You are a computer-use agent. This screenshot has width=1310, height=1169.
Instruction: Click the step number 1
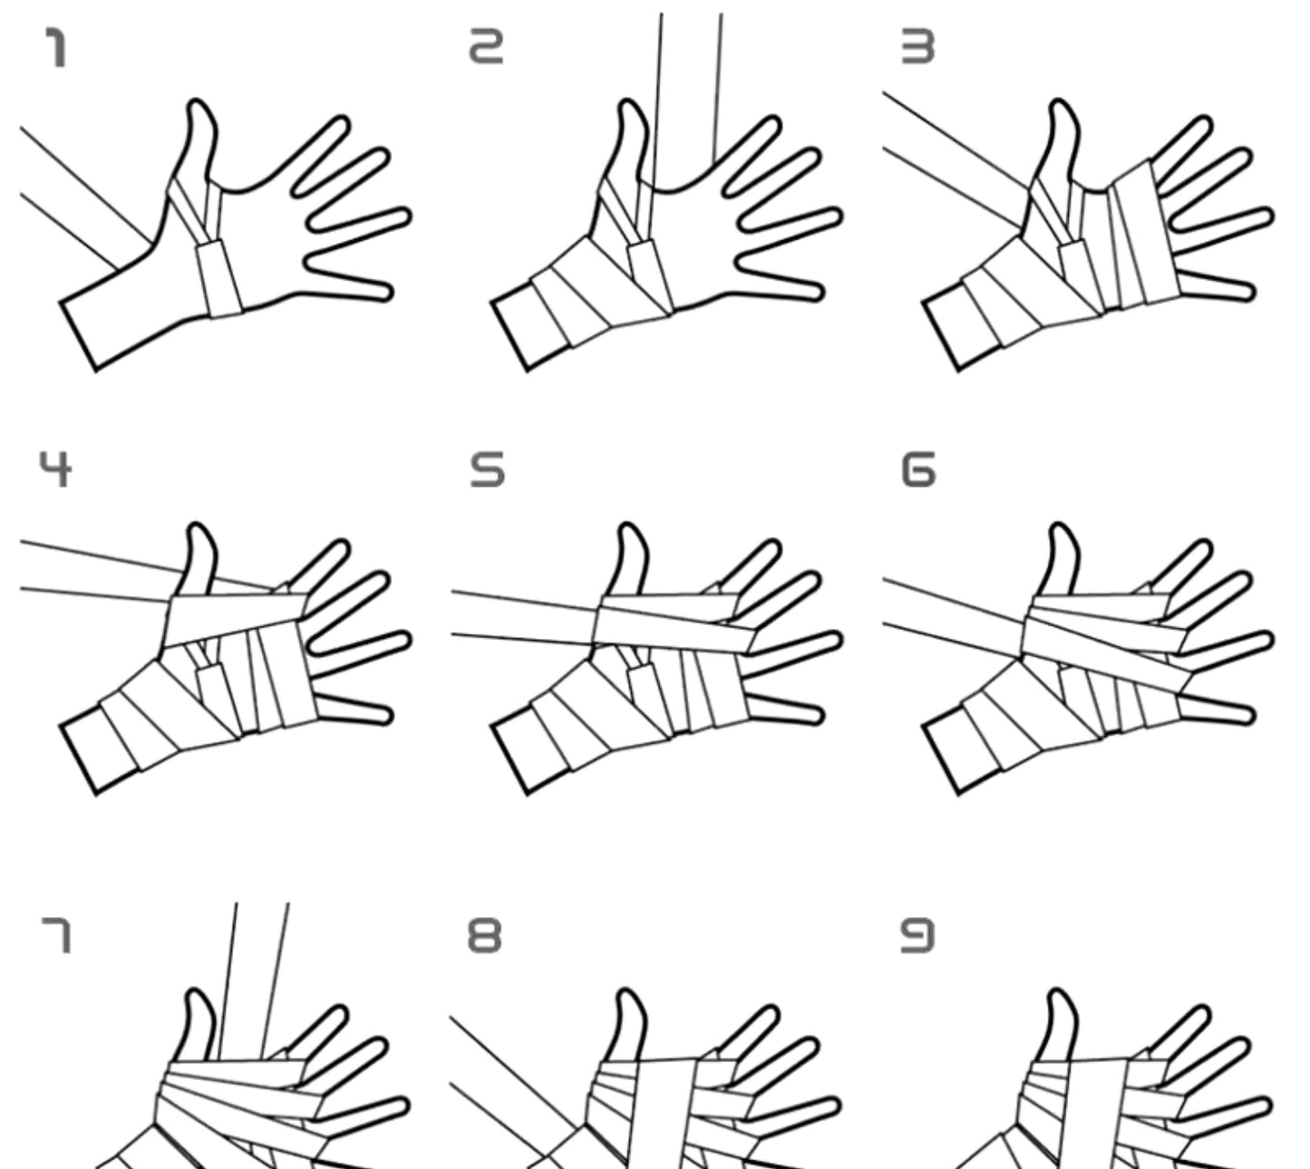pyautogui.click(x=56, y=48)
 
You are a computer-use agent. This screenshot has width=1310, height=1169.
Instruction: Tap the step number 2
pyautogui.click(x=486, y=48)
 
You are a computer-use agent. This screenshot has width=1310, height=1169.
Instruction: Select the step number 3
pyautogui.click(x=918, y=48)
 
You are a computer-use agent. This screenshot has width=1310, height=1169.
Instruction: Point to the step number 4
pyautogui.click(x=55, y=469)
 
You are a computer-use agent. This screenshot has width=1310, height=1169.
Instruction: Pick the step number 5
pyautogui.click(x=487, y=469)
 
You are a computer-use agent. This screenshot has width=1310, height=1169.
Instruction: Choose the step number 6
pyautogui.click(x=918, y=469)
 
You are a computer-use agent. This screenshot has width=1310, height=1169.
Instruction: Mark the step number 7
pyautogui.click(x=56, y=935)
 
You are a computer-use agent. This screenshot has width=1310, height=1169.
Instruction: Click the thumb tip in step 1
pyautogui.click(x=196, y=101)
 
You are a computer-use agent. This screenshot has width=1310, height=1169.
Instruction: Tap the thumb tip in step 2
pyautogui.click(x=626, y=101)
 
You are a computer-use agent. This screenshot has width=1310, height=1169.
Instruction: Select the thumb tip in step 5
pyautogui.click(x=626, y=525)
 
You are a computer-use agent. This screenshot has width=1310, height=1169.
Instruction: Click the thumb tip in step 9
pyautogui.click(x=1056, y=990)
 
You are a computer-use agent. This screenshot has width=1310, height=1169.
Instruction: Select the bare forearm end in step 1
pyautogui.click(x=78, y=336)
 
